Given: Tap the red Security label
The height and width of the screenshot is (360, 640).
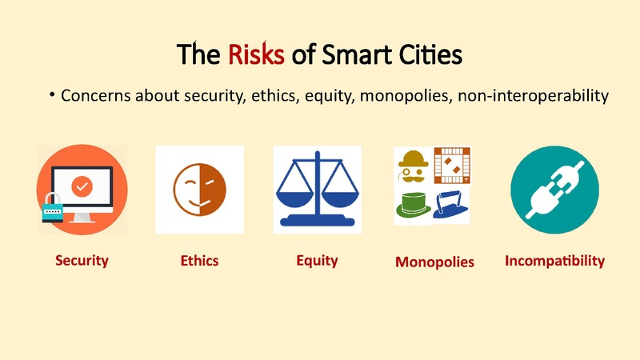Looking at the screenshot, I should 82,260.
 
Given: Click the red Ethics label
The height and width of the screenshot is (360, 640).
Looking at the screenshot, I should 199,260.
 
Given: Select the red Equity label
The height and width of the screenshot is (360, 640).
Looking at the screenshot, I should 317,260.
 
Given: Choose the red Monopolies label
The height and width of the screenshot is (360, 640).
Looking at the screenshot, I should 434,262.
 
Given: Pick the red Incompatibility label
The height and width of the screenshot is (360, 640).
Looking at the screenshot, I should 554,260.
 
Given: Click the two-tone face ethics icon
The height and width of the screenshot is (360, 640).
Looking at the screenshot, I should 199,190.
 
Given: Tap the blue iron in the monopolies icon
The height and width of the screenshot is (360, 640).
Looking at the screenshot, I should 451,205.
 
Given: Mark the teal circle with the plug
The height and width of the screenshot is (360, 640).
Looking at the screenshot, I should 554,190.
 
